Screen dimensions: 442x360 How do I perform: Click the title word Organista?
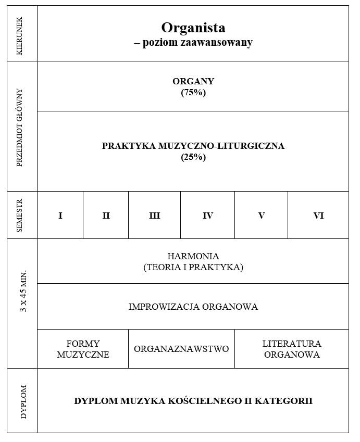(193, 28)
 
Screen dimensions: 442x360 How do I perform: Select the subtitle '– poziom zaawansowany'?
(193, 43)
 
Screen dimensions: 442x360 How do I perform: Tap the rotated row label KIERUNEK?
(20, 33)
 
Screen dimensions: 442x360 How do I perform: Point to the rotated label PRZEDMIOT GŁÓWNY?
(20, 127)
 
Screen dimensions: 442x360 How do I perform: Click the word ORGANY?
(193, 81)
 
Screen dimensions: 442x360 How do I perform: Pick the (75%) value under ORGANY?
(193, 93)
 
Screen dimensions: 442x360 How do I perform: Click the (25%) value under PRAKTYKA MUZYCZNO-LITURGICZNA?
(193, 157)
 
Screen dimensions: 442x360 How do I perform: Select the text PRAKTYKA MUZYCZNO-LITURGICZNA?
(193, 146)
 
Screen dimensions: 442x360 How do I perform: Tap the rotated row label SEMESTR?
(20, 215)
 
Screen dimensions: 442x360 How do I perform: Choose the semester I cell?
(60, 216)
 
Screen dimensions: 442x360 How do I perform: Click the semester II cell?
(106, 216)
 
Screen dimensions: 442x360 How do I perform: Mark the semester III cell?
(154, 216)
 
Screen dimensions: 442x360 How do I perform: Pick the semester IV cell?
(207, 216)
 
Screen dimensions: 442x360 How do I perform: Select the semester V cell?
(261, 216)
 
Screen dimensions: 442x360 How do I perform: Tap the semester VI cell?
(318, 216)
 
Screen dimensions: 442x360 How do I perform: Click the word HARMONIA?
(193, 256)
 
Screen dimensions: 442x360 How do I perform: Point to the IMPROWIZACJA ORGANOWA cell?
(193, 307)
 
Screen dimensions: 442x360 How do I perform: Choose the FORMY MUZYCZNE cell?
(83, 349)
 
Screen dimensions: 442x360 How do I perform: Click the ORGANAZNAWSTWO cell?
(181, 349)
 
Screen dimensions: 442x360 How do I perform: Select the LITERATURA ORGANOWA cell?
(292, 349)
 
